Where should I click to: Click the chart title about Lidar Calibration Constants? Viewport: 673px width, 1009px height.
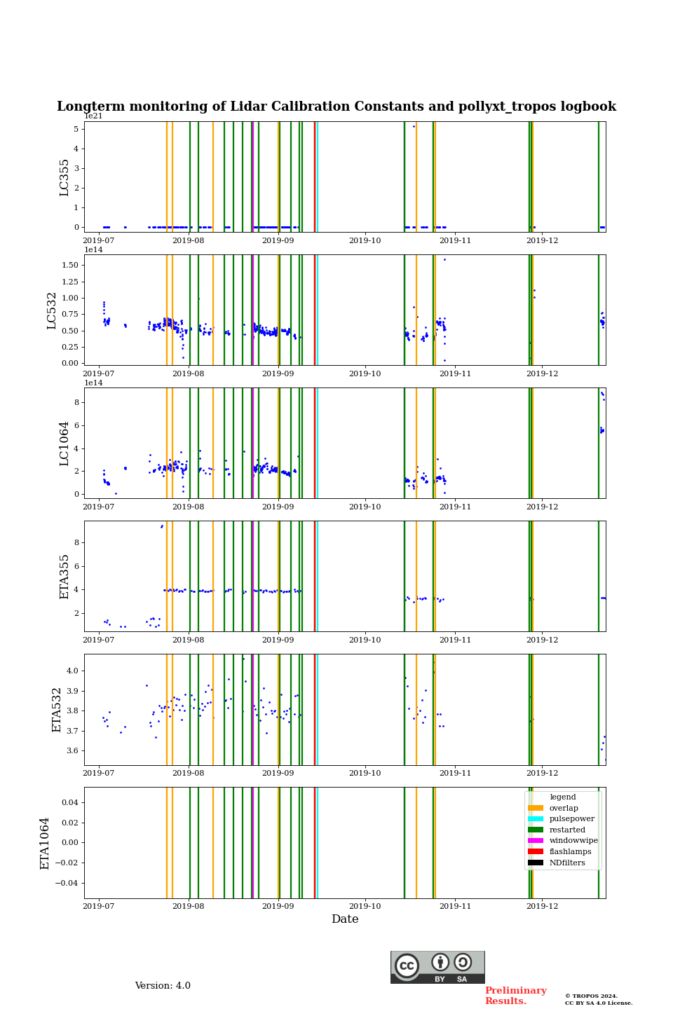[x=336, y=107]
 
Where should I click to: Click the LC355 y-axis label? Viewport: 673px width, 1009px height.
[x=64, y=177]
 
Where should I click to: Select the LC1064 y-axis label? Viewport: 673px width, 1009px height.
[x=64, y=444]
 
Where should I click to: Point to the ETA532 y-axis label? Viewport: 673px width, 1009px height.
[x=57, y=710]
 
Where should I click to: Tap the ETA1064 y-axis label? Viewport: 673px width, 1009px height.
[x=45, y=843]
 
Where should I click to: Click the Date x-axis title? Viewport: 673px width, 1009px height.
[x=345, y=919]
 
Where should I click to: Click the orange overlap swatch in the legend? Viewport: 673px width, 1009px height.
[x=535, y=808]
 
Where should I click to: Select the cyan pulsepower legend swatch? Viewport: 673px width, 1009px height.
[x=535, y=819]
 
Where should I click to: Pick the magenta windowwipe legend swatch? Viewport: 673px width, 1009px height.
[x=535, y=841]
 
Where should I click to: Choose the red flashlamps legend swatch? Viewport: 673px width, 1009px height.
[x=535, y=852]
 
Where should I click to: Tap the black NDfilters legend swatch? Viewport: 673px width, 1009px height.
[x=535, y=863]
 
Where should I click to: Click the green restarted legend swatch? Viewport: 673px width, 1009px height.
[x=535, y=830]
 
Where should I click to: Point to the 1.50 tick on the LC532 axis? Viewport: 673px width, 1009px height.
[x=69, y=265]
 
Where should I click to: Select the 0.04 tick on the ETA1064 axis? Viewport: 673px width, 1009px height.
[x=69, y=802]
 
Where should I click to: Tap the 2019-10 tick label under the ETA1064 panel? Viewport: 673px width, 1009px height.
[x=365, y=907]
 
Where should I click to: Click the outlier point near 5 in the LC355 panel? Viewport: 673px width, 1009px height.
[x=414, y=126]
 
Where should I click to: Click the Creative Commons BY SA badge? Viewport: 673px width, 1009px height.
[x=437, y=967]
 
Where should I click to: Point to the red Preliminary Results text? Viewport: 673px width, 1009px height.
[x=515, y=996]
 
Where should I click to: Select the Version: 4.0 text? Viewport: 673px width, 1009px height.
[x=163, y=986]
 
